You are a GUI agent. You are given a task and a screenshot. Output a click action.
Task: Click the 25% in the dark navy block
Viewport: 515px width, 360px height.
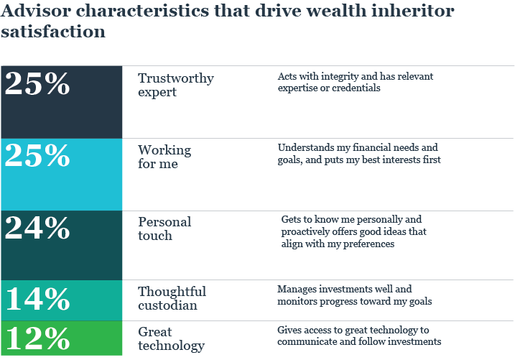tap(37, 84)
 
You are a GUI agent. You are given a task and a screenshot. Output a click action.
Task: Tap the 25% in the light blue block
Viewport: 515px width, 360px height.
tap(37, 155)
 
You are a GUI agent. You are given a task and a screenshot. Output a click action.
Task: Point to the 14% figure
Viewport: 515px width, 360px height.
tap(37, 297)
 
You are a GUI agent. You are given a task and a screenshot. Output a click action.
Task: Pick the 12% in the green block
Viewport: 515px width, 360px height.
tap(37, 338)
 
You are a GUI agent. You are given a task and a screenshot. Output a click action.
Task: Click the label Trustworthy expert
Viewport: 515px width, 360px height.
tap(175, 85)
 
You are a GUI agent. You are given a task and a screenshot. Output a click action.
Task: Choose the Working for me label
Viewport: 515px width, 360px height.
tap(164, 157)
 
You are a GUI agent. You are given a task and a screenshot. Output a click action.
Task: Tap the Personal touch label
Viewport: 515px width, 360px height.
tap(164, 228)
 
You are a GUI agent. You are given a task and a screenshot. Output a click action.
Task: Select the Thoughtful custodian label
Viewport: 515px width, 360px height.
tap(172, 298)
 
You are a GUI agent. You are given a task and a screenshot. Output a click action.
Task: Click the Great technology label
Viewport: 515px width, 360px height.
tap(171, 338)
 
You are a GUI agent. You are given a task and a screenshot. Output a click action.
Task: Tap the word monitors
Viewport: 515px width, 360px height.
tap(299, 301)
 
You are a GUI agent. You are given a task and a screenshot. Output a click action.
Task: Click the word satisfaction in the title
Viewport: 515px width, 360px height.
tap(53, 32)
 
